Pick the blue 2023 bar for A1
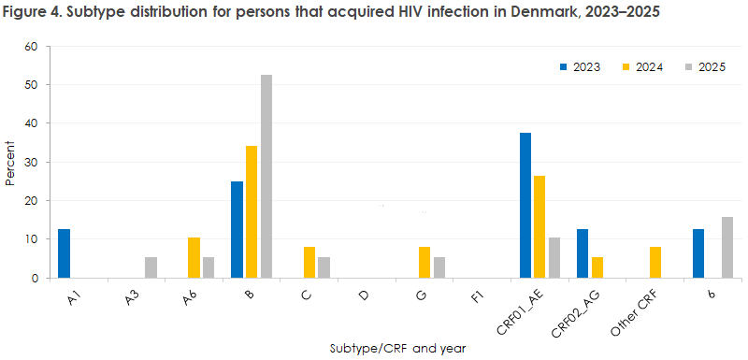(64, 253)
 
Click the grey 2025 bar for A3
(150, 267)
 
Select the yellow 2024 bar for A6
(194, 258)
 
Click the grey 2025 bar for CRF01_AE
(554, 258)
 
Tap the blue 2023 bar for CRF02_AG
(583, 253)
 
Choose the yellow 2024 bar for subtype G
(424, 263)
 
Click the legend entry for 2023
(583, 67)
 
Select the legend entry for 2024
(644, 67)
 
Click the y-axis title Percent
(10, 163)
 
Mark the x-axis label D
(366, 293)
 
